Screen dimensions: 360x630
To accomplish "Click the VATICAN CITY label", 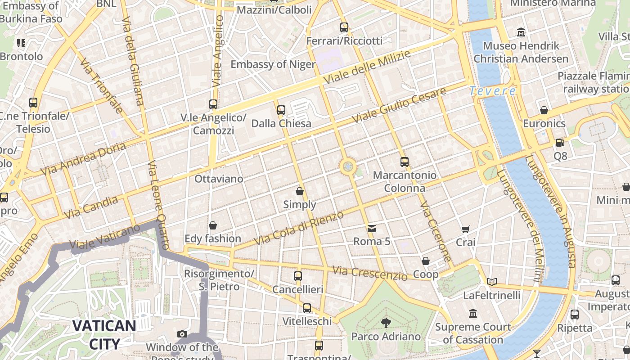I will (x=104, y=334).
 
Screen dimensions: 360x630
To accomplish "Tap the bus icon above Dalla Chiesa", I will (x=281, y=110).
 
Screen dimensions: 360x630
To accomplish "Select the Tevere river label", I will (x=492, y=91).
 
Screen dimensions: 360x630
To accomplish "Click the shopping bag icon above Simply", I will (x=300, y=191).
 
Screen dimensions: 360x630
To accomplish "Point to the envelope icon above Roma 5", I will (x=372, y=228).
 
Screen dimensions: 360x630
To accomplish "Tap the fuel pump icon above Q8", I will (x=560, y=143).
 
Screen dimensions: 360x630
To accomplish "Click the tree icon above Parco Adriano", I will (x=386, y=323).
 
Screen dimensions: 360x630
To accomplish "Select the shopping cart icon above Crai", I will (x=466, y=229).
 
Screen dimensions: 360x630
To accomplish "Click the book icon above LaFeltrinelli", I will (x=492, y=282).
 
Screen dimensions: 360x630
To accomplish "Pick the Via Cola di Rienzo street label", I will (x=299, y=228).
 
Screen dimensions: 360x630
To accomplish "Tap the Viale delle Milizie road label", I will (x=367, y=67).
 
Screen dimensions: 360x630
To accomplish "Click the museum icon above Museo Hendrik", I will (x=521, y=32).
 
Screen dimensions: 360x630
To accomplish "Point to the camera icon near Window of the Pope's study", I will (x=182, y=334).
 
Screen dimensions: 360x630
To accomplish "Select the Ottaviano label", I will (x=219, y=179).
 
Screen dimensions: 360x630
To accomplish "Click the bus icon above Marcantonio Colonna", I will (x=405, y=162).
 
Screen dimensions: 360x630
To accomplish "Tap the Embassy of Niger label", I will (x=273, y=64).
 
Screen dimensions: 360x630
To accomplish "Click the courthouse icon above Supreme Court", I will (x=473, y=313).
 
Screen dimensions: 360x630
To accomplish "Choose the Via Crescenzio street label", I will (x=369, y=273).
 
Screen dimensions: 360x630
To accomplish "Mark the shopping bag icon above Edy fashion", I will (x=213, y=225).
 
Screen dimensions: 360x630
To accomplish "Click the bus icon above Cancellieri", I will (x=298, y=276).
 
